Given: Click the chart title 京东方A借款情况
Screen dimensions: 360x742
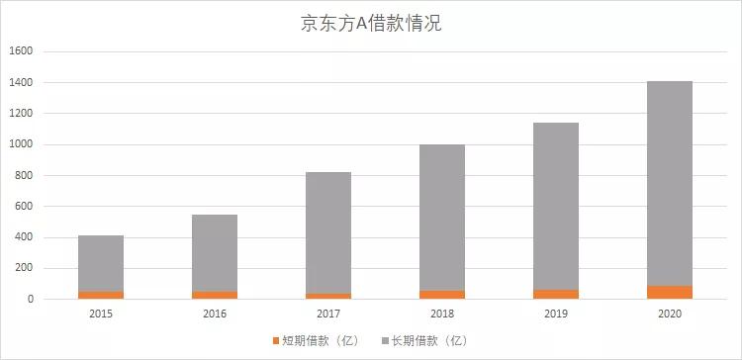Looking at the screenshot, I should coord(371,24).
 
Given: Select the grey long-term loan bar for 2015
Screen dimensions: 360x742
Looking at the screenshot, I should coord(101,263).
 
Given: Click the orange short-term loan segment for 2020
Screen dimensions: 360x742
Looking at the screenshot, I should coord(670,292).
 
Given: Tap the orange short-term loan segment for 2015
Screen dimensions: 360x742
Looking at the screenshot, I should coord(101,295).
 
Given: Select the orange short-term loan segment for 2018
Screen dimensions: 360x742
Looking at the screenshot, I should coord(442,295).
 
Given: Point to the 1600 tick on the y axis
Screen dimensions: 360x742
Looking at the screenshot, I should coord(22,51).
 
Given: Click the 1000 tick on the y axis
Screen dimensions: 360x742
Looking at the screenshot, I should coord(22,144).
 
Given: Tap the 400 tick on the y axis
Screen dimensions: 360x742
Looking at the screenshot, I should coord(25,237).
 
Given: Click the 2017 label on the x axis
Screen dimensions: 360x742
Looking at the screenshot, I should coord(328,314).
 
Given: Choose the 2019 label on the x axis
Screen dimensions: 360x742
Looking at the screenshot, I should coord(556,314).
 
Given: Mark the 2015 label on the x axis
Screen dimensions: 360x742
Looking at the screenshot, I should coord(101,314).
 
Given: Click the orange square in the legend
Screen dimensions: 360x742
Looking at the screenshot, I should coord(277,341).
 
